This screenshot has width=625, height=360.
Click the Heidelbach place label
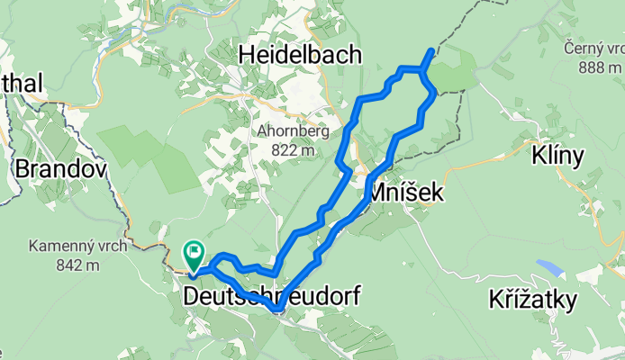click(x=300, y=56)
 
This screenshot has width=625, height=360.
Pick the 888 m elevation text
click(x=595, y=67)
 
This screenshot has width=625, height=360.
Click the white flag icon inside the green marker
click(x=194, y=251)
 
